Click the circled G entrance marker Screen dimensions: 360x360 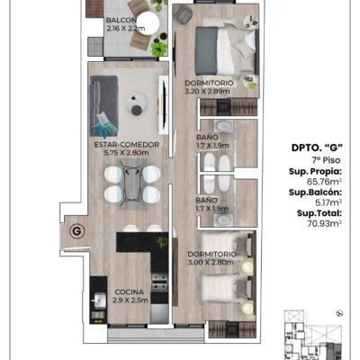[76, 231]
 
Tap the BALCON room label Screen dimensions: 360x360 [121, 21]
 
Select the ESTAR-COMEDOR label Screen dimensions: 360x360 [127, 145]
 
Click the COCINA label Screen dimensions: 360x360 [130, 292]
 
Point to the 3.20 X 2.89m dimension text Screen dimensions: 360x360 [208, 91]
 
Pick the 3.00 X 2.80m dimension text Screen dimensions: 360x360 [211, 263]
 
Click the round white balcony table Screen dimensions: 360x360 [148, 22]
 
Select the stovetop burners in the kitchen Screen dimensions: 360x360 [159, 283]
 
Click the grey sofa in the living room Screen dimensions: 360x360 [103, 106]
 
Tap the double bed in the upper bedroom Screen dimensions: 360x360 [227, 51]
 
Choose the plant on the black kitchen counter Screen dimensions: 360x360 [162, 242]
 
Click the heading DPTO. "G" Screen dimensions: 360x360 [317, 148]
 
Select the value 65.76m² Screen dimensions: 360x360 [325, 181]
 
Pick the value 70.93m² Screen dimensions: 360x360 [325, 223]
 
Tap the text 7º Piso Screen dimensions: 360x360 [326, 160]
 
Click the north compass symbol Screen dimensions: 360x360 [340, 313]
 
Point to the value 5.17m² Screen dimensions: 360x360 [328, 202]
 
